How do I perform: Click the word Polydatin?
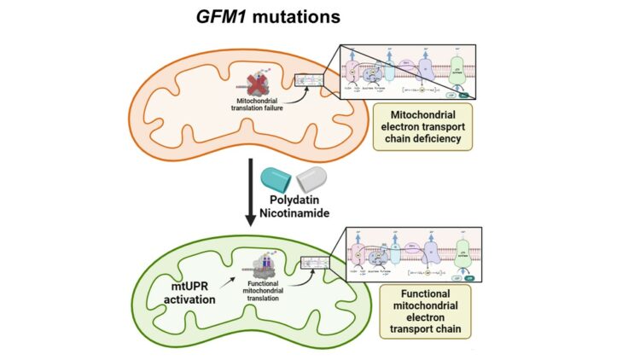tap(291, 202)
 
